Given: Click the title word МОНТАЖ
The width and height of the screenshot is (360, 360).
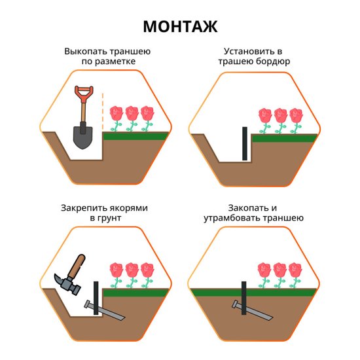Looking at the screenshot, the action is [x=180, y=27].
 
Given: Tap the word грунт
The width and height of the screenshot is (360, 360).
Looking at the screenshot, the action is [x=109, y=218].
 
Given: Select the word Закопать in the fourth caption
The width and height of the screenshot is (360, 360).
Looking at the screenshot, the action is [x=249, y=207].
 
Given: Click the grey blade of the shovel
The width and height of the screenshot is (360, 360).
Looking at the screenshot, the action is [x=83, y=137].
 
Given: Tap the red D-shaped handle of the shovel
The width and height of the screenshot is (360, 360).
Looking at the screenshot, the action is [x=84, y=94].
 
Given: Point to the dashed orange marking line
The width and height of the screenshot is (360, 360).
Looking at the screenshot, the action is [x=103, y=111].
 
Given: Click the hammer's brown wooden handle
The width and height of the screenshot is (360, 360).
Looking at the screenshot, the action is [x=77, y=266].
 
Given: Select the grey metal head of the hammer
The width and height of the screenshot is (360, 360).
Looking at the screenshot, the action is [x=67, y=284].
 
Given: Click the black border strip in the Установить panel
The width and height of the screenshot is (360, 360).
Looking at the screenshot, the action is [x=245, y=143].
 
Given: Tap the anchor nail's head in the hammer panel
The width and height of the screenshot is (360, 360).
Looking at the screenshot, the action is [x=87, y=304].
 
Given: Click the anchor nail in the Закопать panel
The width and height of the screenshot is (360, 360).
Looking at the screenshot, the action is [x=252, y=310].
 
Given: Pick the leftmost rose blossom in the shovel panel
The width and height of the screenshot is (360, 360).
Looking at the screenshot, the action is [x=117, y=113].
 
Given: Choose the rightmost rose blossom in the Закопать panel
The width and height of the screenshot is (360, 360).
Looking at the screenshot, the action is [x=295, y=270].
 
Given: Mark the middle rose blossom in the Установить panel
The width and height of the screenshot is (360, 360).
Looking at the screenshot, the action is [x=281, y=115].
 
